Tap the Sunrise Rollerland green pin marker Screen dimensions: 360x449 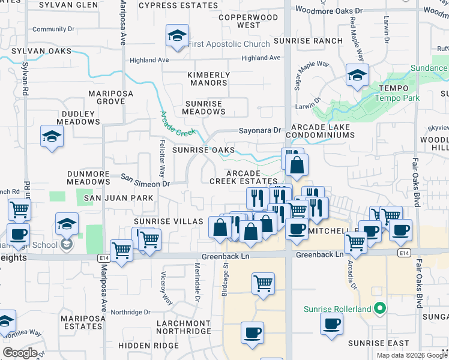pyautogui.click(x=379, y=310)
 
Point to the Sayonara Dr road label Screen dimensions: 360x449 pyautogui.click(x=260, y=130)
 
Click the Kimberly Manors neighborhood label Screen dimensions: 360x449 pyautogui.click(x=208, y=79)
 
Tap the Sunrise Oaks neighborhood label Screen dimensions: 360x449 pyautogui.click(x=203, y=150)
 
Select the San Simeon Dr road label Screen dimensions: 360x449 pyautogui.click(x=145, y=180)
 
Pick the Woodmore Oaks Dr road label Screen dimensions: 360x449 pyautogui.click(x=330, y=11)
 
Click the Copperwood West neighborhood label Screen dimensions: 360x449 pyautogui.click(x=240, y=22)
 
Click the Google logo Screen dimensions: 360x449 pyautogui.click(x=20, y=353)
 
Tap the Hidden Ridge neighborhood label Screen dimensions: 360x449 pyautogui.click(x=148, y=346)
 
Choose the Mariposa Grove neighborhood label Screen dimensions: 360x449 pyautogui.click(x=106, y=98)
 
